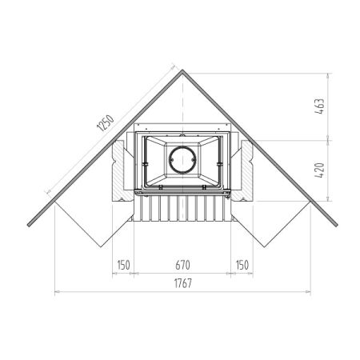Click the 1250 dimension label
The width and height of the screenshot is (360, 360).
[x=106, y=123]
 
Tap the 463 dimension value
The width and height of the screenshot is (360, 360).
[x=320, y=106]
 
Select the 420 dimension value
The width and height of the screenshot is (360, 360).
[x=320, y=170]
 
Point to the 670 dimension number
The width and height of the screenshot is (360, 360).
[x=182, y=265]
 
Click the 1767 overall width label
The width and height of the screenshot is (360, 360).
[x=183, y=283]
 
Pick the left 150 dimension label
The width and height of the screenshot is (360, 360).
[x=123, y=265]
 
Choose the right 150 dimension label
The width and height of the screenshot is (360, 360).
[x=242, y=265]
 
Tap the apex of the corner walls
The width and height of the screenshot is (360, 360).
[x=182, y=70]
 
